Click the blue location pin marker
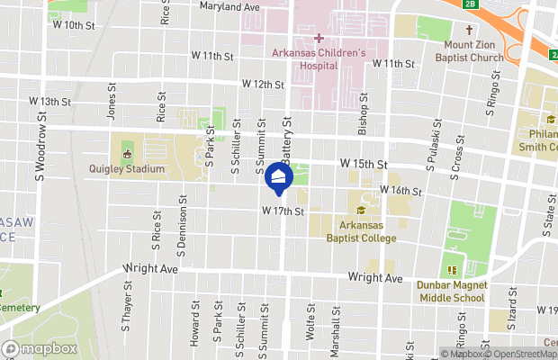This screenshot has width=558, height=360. pos(279,177)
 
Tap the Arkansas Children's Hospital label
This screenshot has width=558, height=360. pos(319,58)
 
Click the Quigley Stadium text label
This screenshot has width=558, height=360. pos(127,168)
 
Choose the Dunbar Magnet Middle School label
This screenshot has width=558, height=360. pos(451,291)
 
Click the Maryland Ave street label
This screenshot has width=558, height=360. pos(229,7)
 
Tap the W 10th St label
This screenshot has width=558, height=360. pos(74,25)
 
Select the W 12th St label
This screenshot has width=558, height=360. pos(262,85)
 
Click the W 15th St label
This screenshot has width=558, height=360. pos(363,165)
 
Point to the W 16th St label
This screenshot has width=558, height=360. pos(400,191)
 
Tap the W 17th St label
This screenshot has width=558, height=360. pos(284,211)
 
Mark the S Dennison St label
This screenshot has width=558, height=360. pos(184,220)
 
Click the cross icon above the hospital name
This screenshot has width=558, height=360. pos(319,38)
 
